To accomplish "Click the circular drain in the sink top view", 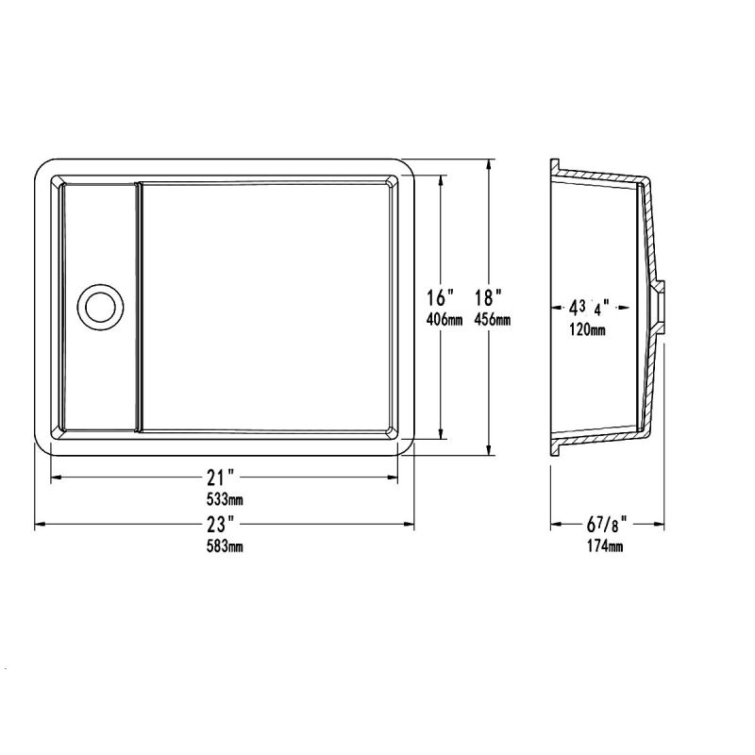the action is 101,306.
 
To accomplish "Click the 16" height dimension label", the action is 441,298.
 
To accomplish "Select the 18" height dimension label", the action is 488,298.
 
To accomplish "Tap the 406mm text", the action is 445,319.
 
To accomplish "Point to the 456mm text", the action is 492,319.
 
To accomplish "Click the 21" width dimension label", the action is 221,478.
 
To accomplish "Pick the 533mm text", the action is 225,500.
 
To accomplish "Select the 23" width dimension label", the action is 221,524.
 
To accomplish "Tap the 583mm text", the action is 225,546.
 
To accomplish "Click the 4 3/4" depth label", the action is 589,308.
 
